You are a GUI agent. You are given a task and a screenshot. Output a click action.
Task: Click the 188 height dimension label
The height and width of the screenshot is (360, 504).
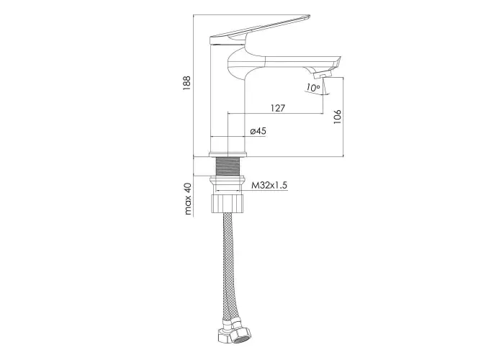point(186,83)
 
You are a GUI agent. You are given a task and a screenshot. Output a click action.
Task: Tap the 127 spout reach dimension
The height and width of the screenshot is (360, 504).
point(277,108)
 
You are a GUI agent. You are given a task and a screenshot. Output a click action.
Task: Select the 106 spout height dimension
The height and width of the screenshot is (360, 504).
point(337,117)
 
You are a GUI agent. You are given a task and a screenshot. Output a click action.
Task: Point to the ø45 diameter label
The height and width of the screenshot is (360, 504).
point(258,131)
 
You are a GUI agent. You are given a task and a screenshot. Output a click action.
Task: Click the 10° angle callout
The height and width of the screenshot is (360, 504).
point(312,87)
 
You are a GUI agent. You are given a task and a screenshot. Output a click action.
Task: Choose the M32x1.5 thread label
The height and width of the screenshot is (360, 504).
point(269,186)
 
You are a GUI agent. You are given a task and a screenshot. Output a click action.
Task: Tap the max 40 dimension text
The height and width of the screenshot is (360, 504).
point(188,199)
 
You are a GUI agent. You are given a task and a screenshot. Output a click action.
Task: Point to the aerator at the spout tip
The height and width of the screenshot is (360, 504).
point(323,75)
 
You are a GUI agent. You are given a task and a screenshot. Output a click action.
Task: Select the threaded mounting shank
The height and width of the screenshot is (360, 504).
point(228,166)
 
